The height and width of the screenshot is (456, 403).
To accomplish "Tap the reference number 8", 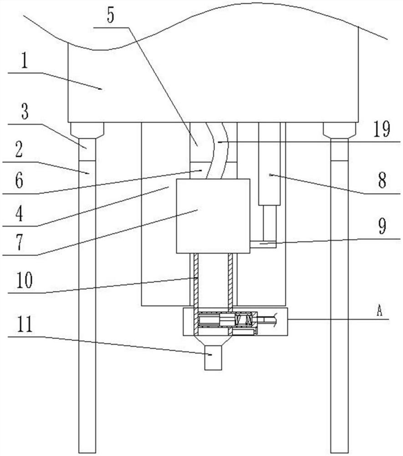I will click(382, 181).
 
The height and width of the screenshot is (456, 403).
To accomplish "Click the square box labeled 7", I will click(213, 216).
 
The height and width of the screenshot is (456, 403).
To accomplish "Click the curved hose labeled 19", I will click(214, 150).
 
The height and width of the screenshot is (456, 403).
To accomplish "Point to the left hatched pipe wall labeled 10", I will click(194, 283).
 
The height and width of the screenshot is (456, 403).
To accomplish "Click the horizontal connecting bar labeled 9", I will click(263, 244).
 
